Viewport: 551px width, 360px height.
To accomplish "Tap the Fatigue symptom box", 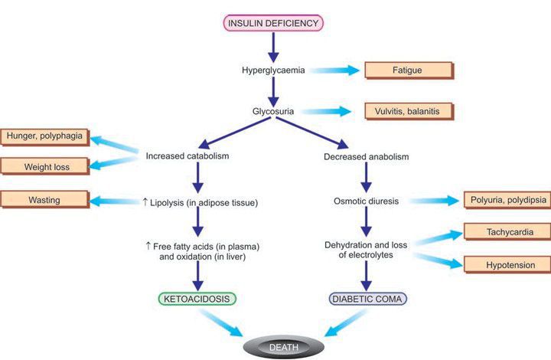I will [409, 70].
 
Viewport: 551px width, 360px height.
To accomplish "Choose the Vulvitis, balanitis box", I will [409, 111].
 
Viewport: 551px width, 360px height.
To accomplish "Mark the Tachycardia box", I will [505, 232].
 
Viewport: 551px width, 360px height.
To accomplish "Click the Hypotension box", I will [505, 265].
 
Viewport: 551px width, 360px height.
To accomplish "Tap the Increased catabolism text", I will [187, 158].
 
